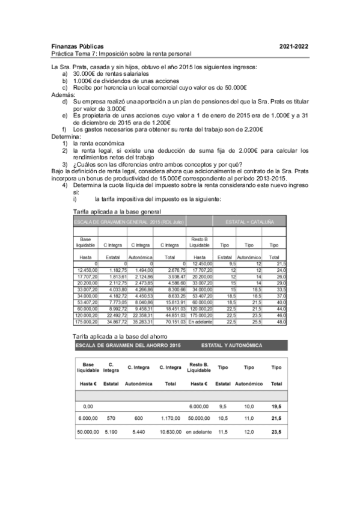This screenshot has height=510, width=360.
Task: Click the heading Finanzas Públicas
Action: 78,46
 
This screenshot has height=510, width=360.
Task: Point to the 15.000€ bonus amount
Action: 152,178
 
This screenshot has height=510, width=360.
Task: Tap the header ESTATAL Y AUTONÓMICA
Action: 235,346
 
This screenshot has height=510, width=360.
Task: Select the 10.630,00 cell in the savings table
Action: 169,431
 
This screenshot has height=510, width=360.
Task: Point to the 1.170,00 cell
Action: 169,417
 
